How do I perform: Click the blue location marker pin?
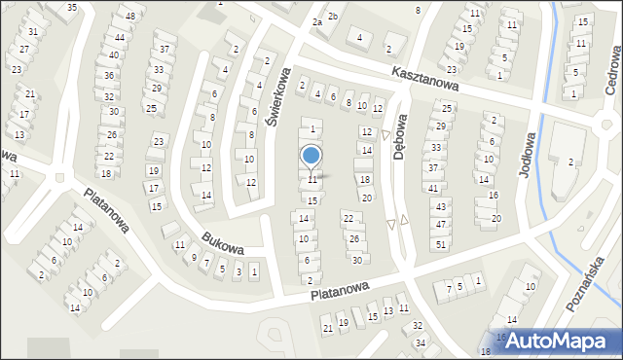311,156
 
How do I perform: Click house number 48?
130,18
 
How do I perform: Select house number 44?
120,38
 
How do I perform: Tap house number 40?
114,55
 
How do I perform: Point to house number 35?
72,7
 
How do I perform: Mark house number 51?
441,243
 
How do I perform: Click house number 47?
441,225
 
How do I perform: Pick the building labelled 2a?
317,22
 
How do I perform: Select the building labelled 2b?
333,17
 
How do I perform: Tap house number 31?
33,32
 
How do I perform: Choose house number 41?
433,188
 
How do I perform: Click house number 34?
421,342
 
